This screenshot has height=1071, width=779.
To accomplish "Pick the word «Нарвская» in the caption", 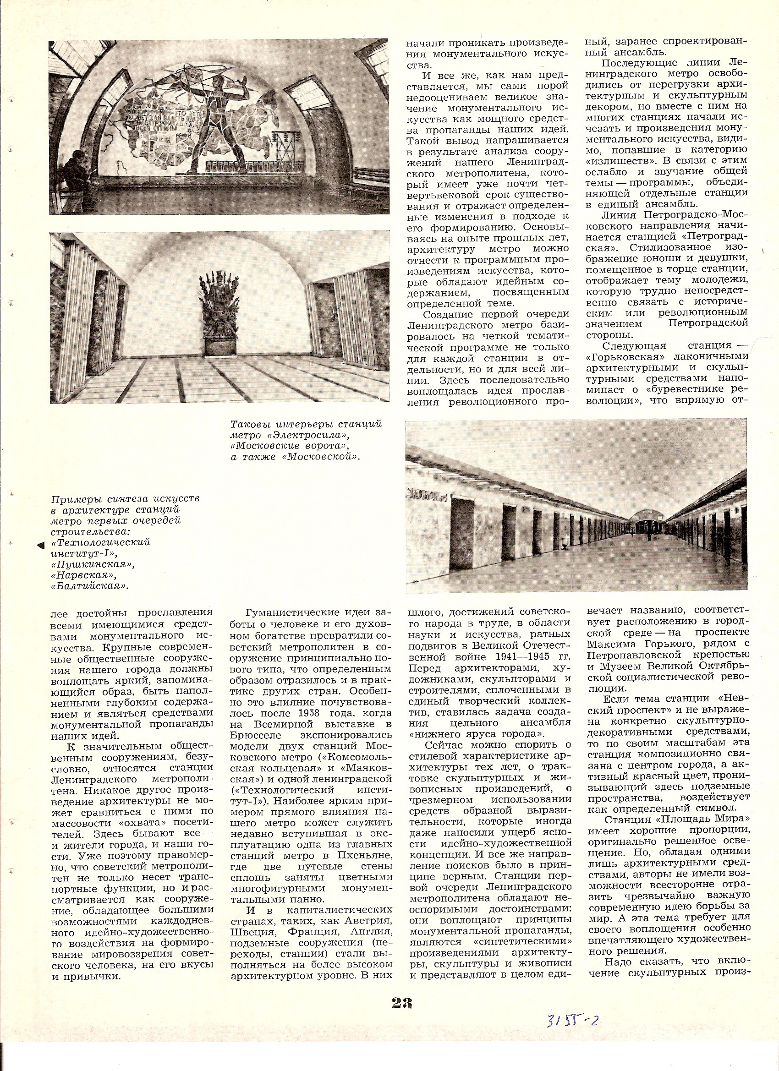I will [87, 576].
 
